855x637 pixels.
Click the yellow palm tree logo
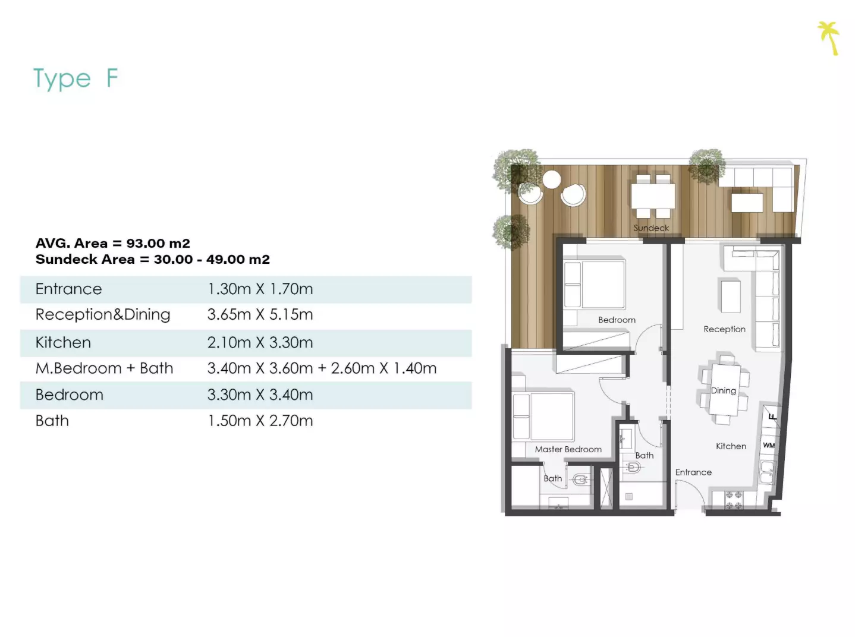pos(828,38)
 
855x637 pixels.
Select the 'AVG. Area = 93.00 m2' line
pos(113,243)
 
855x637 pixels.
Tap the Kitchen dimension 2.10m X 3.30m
pos(260,342)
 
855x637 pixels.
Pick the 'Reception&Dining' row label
pos(103,314)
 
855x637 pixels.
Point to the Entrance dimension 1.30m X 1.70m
pos(260,289)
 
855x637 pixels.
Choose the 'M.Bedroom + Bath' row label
pos(104,368)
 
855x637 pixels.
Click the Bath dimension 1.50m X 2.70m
pos(260,421)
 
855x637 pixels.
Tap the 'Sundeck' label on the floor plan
pos(651,228)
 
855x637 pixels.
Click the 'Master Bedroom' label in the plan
pos(568,449)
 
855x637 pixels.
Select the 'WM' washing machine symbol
pos(769,445)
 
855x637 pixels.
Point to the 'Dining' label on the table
pos(724,390)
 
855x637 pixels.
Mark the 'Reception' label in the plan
pos(725,329)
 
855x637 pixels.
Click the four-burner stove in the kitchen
pos(734,500)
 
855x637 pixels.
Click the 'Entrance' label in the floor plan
pos(693,472)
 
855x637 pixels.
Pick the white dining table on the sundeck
pos(653,196)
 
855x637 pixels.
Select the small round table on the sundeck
pos(552,179)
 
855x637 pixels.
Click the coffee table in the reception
pos(730,296)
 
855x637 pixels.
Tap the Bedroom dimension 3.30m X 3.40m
pos(260,395)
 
